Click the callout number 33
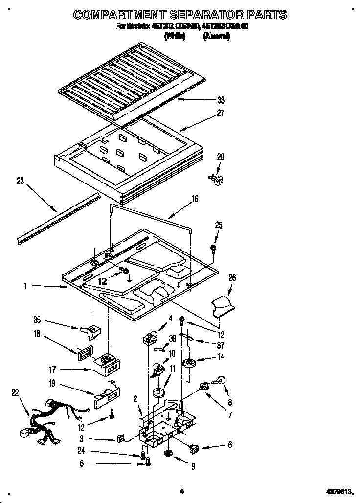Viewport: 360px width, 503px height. pos(221,100)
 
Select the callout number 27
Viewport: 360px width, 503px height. pos(221,113)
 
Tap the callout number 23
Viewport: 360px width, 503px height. pos(20,181)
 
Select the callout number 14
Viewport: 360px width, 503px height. pos(221,358)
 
